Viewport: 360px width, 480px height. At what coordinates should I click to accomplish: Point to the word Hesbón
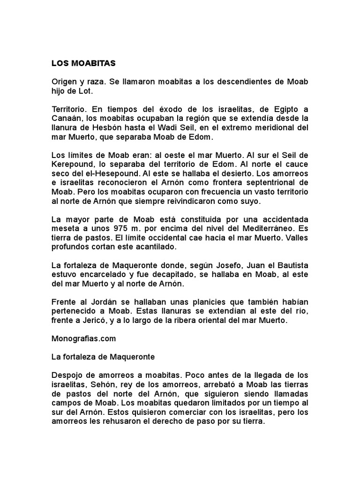(x=119, y=127)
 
